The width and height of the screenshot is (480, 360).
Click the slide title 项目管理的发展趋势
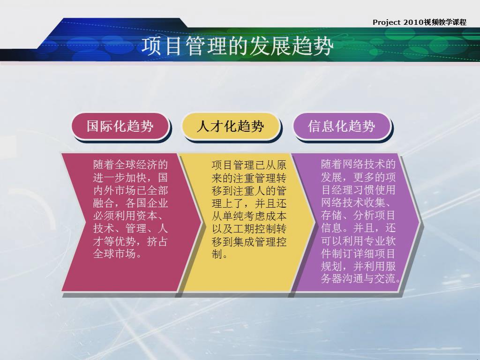tap(237, 46)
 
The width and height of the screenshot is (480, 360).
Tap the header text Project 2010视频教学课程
tap(420, 22)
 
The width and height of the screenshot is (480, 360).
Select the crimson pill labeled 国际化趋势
tap(120, 126)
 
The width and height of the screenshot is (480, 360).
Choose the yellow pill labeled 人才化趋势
tap(231, 126)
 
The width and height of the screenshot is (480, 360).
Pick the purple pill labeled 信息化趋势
tap(342, 126)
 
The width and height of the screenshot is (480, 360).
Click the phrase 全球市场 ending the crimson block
tap(114, 254)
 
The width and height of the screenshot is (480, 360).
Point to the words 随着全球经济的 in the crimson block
tap(131, 165)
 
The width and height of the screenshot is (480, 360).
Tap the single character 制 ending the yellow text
tap(217, 254)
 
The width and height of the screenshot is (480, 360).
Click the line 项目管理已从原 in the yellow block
tap(249, 165)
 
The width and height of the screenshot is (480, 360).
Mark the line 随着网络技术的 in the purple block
tap(358, 165)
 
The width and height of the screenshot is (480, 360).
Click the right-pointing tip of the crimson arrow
tap(202, 222)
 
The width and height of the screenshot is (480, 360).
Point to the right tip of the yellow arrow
tap(315, 222)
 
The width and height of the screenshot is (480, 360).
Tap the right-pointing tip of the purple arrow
tap(420, 222)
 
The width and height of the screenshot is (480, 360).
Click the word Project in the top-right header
tap(386, 22)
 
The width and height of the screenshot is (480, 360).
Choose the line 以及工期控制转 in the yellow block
tap(249, 229)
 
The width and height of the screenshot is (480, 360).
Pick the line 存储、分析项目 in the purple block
tap(358, 215)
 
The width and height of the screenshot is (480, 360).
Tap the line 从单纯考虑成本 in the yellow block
tap(249, 216)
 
